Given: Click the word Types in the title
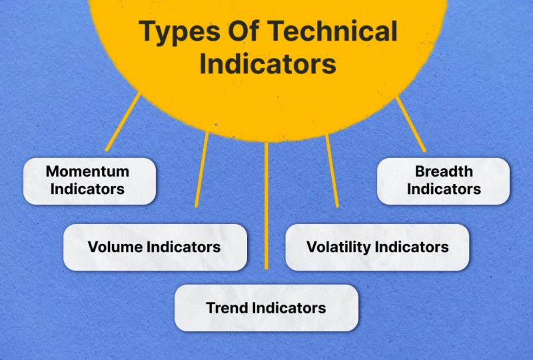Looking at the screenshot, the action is click(x=179, y=32).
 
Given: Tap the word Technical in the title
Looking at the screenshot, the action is click(x=333, y=31).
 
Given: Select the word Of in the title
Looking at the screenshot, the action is click(x=244, y=31).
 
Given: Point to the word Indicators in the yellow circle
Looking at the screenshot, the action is click(x=268, y=63).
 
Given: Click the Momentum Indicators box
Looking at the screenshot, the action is click(x=89, y=181).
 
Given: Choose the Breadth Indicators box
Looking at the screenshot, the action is click(x=443, y=181).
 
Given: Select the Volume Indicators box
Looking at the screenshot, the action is click(x=155, y=247).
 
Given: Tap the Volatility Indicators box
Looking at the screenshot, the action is click(x=377, y=247).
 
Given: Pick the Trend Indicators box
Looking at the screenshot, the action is click(x=266, y=308).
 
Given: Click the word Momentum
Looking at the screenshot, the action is click(x=87, y=171).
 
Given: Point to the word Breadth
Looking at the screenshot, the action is click(x=444, y=171).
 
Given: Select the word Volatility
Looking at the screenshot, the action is click(x=338, y=247).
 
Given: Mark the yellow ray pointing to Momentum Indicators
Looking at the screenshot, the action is click(x=123, y=121).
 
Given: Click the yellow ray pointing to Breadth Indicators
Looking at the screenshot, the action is click(x=410, y=124).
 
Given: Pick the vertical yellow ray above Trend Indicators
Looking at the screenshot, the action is click(x=266, y=205).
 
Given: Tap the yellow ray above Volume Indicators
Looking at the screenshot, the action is click(x=202, y=169).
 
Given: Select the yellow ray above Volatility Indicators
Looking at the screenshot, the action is click(x=332, y=171).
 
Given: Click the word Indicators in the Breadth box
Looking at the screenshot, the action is click(x=444, y=189).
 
